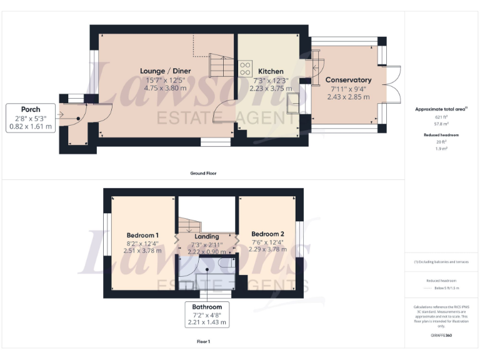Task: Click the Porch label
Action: point(31,109)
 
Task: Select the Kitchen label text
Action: point(271,72)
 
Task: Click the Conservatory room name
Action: point(348,80)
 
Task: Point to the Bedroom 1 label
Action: point(142,235)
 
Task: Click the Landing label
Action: point(207,236)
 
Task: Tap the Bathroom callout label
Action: point(207,307)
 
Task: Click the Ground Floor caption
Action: point(204,172)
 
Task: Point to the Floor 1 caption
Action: point(203,342)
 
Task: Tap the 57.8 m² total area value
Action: point(442,124)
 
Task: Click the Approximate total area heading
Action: point(441,109)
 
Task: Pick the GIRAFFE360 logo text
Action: point(441,336)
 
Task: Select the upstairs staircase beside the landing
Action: point(188,224)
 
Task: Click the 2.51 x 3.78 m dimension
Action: point(143,251)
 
